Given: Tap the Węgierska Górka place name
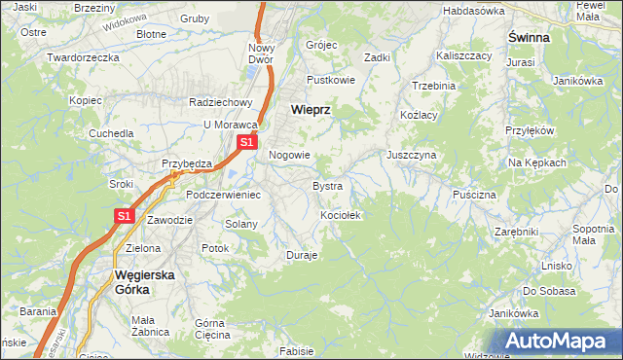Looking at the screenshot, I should (144, 281).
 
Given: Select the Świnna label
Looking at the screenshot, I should (529, 37).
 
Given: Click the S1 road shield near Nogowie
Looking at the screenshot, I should (246, 142).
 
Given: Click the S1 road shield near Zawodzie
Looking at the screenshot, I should (125, 216).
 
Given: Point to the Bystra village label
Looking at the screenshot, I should (327, 185).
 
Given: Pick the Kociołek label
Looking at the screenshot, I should (341, 215).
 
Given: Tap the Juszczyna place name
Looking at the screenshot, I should (411, 155).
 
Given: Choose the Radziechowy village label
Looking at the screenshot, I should (221, 101).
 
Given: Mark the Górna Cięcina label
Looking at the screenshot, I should (210, 329).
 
